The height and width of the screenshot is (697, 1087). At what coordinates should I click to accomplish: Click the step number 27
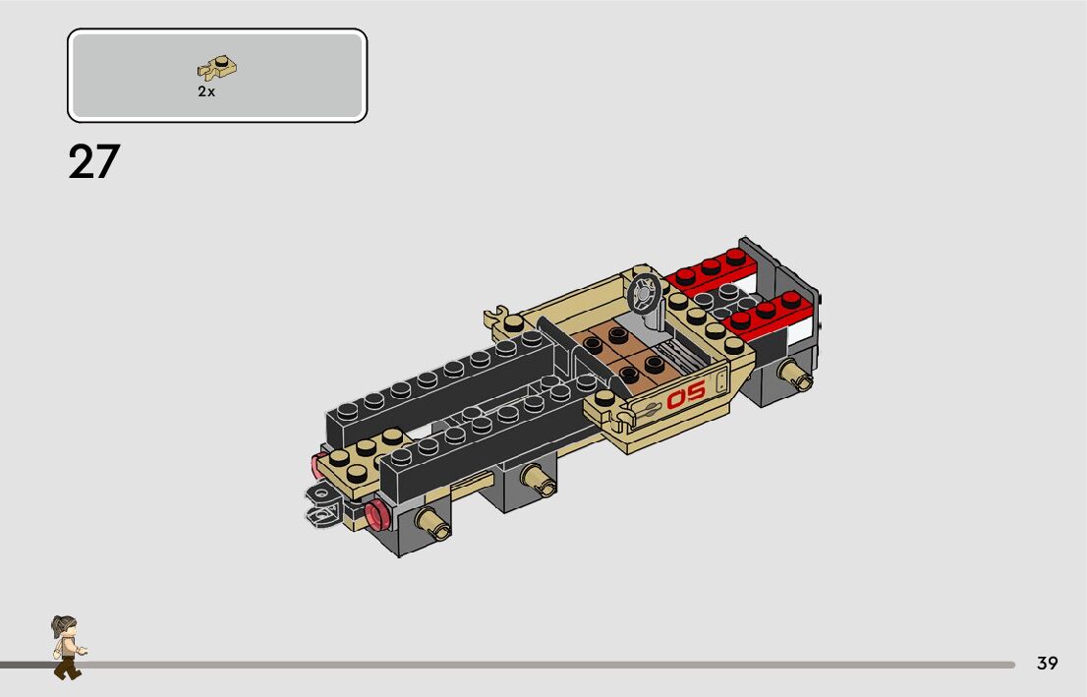pyautogui.click(x=94, y=162)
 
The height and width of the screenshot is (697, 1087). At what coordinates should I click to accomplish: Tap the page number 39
pyautogui.click(x=1047, y=663)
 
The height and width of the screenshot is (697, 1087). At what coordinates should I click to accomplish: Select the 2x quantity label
pyautogui.click(x=206, y=91)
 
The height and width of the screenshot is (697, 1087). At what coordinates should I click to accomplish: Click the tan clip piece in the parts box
pyautogui.click(x=217, y=67)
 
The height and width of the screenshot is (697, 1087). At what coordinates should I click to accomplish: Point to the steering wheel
pyautogui.click(x=644, y=294)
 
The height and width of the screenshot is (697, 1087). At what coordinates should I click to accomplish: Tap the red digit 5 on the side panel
pyautogui.click(x=695, y=391)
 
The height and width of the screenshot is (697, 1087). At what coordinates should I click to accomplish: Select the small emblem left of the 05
pyautogui.click(x=651, y=409)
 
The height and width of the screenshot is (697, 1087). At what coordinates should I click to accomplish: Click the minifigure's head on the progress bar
pyautogui.click(x=65, y=626)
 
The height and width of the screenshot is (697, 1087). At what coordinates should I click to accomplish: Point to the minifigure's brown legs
pyautogui.click(x=67, y=667)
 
